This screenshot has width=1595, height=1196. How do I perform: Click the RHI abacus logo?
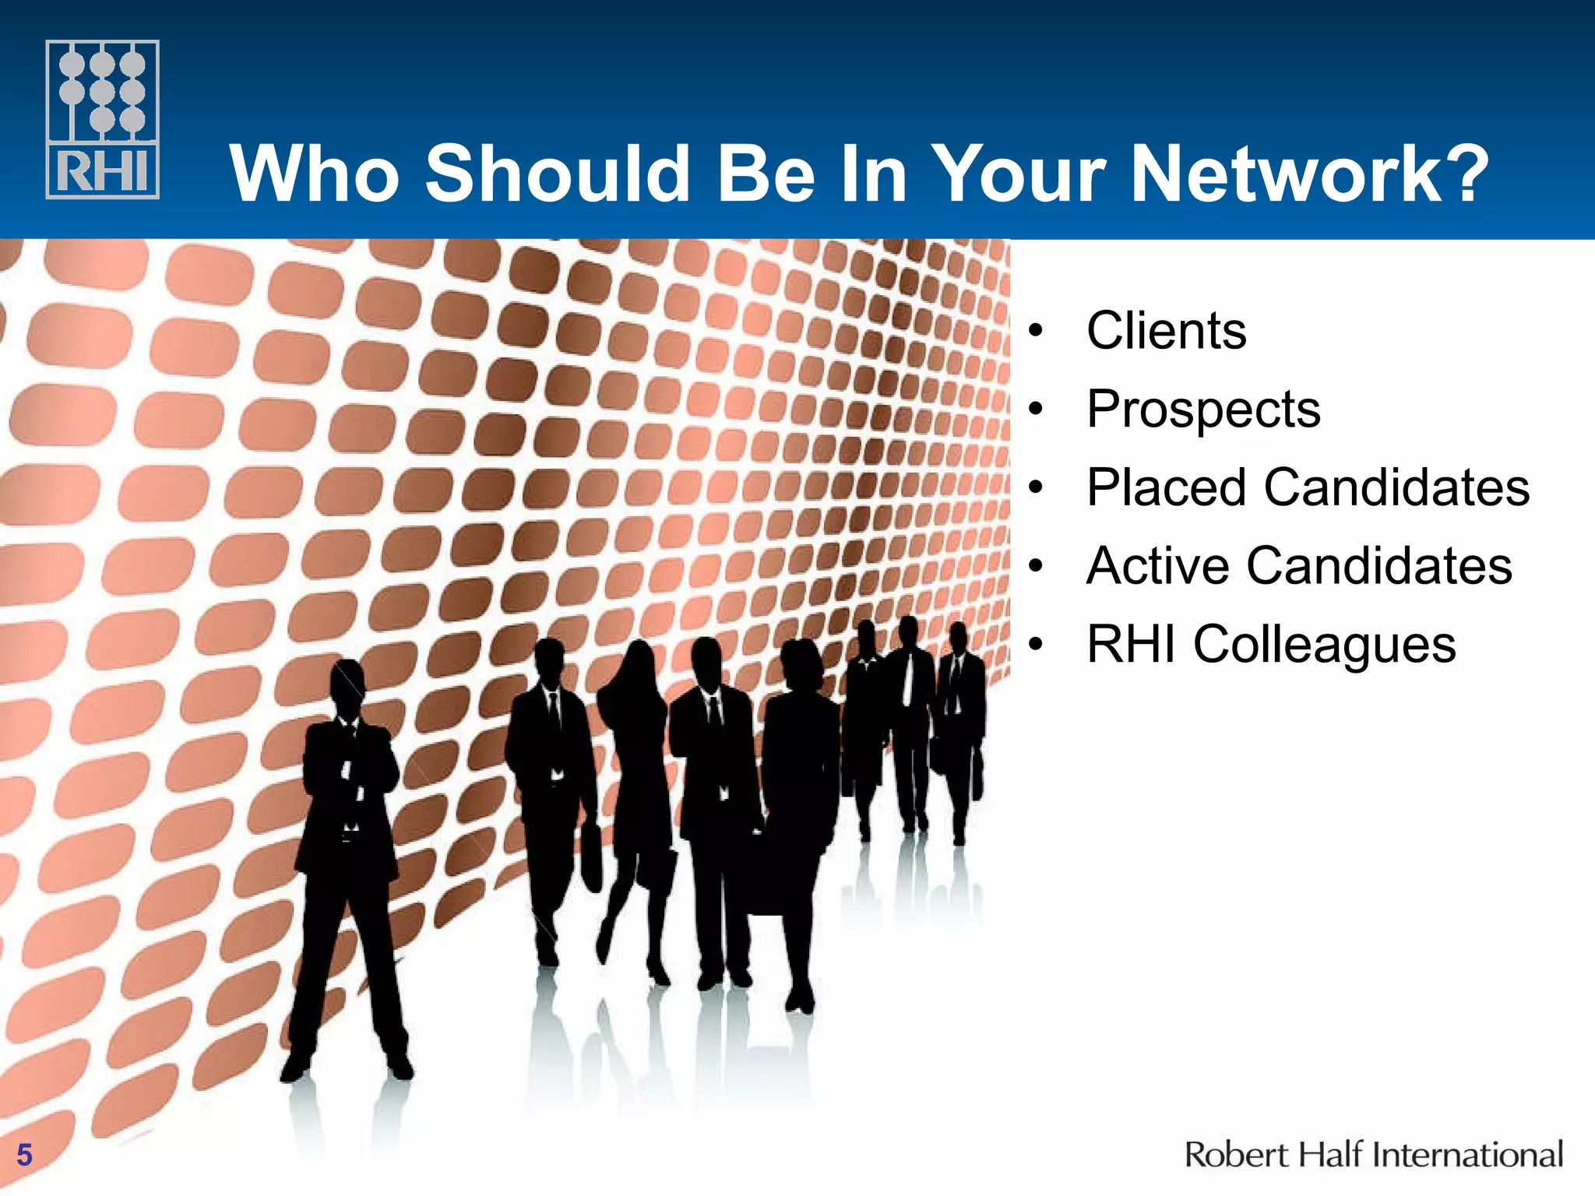tap(103, 119)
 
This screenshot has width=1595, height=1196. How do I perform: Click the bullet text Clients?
tap(1166, 330)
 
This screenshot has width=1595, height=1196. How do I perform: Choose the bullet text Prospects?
tap(1203, 410)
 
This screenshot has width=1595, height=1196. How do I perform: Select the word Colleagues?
tap(1324, 645)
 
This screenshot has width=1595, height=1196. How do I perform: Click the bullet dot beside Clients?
tap(1034, 331)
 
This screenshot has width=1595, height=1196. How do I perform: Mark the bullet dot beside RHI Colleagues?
tap(1034, 645)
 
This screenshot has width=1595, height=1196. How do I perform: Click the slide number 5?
tap(24, 1155)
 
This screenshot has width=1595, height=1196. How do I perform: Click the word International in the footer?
tap(1467, 1154)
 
